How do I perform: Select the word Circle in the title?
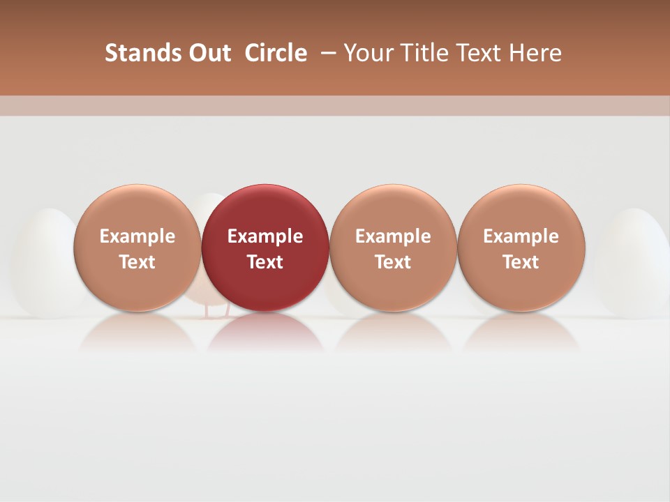coord(276,53)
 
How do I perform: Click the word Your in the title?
coord(367,53)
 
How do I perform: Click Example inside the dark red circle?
coord(265,236)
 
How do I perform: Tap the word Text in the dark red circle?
coord(265,262)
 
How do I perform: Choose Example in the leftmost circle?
coord(137,236)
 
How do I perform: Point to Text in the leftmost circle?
coord(137,262)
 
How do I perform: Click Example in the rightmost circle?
coord(521,236)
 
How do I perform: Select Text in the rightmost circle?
coord(521,262)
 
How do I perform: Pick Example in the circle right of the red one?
coord(393,236)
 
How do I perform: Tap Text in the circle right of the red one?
coord(393,262)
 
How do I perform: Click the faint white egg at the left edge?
coord(42,261)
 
